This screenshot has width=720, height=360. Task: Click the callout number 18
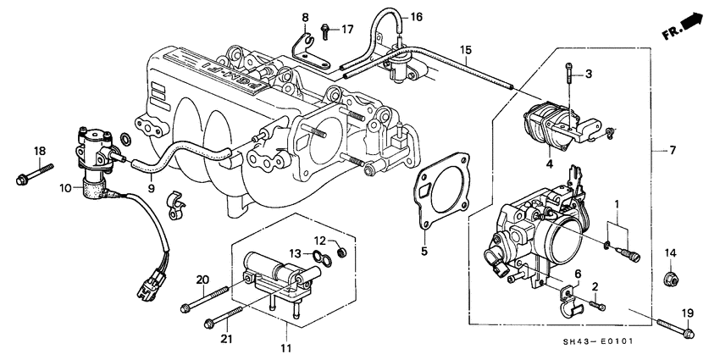[x=38, y=151]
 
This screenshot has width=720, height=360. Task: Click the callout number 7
[x=673, y=151]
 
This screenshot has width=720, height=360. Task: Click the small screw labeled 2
[x=599, y=303]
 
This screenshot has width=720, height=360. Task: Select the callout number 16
[x=416, y=17]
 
